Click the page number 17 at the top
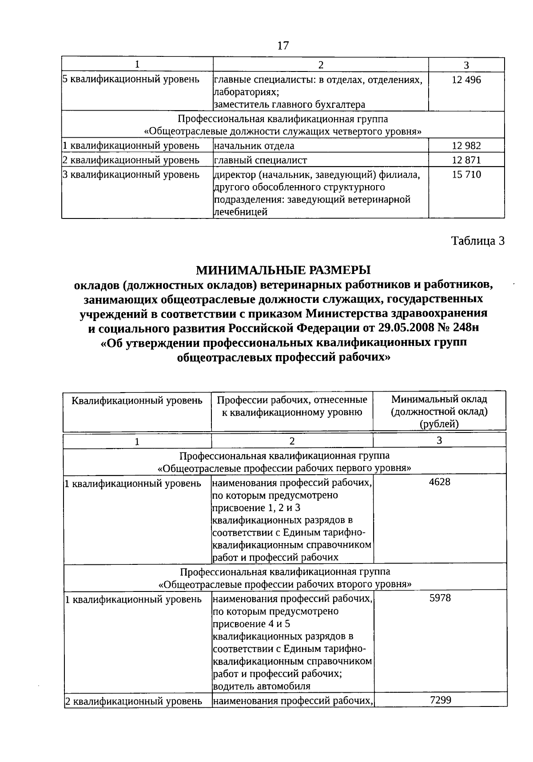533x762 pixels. point(282,45)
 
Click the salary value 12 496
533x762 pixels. point(466,80)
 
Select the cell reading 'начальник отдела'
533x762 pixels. point(254,146)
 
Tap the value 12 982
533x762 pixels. point(466,146)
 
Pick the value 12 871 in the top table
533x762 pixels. point(466,160)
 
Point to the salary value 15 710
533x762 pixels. point(466,175)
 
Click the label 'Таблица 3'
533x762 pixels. point(478,241)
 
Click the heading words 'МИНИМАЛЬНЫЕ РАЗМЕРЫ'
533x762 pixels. point(283,270)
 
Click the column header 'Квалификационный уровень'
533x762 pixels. point(137,401)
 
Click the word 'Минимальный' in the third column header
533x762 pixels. point(439,399)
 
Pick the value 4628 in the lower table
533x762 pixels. point(439,482)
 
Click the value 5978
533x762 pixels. point(440,598)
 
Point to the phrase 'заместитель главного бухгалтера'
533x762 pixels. point(290,105)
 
